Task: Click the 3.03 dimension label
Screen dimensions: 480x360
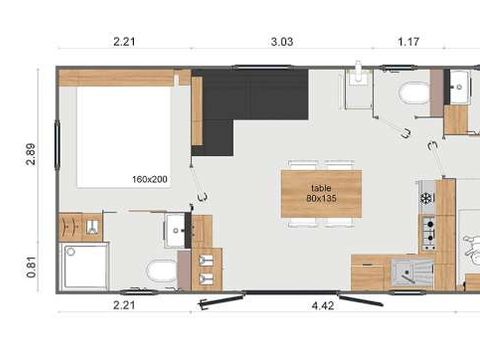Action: [x=282, y=42]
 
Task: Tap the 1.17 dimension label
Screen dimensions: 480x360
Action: [x=408, y=42]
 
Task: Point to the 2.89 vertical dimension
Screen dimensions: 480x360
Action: [x=31, y=154]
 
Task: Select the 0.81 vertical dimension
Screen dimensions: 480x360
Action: [x=31, y=267]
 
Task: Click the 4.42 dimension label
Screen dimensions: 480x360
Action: [x=323, y=306]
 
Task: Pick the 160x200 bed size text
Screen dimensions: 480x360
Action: [x=150, y=179]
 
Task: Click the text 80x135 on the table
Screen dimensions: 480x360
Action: [x=321, y=198]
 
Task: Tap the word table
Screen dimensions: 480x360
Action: [x=321, y=188]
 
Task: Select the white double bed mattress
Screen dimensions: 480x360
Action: [x=124, y=137]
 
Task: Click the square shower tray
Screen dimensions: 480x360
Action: [x=85, y=266]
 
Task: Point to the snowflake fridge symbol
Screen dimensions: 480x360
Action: [x=426, y=199]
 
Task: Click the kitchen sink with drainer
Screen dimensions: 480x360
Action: [x=412, y=273]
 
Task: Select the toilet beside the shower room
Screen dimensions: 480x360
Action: [x=162, y=270]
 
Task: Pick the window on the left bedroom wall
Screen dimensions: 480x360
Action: [x=58, y=145]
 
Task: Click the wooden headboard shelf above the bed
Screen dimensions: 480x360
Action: [x=117, y=78]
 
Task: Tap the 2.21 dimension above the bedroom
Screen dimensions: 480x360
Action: [x=124, y=42]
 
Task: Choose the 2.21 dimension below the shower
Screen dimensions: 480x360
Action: [x=124, y=305]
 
